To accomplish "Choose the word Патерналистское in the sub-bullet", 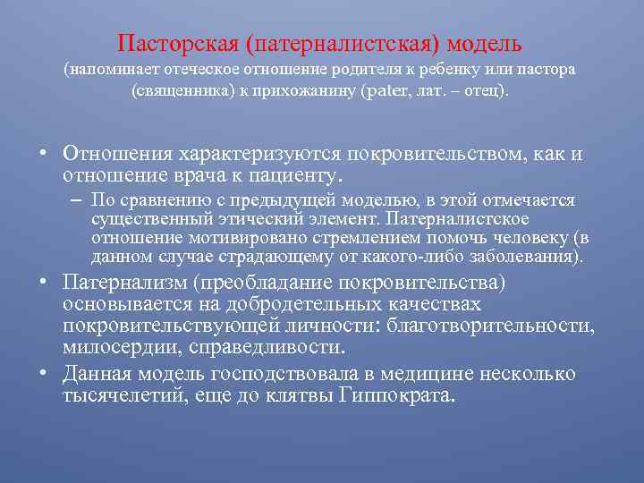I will pos(469,219).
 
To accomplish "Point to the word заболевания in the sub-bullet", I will pos(533,258).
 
